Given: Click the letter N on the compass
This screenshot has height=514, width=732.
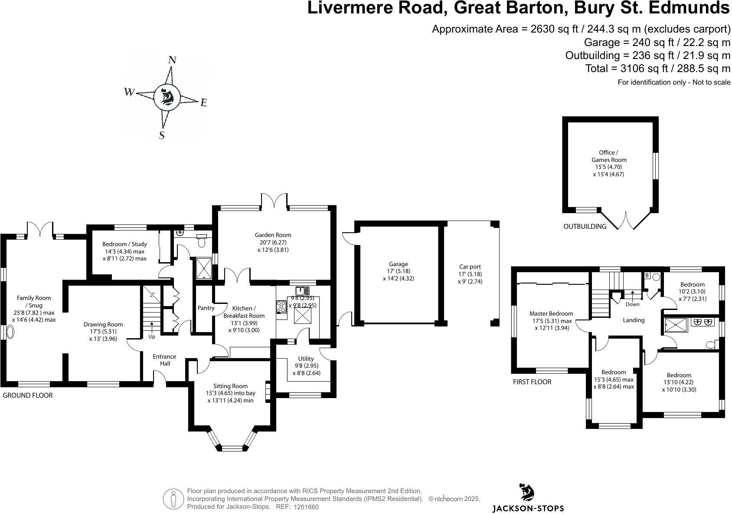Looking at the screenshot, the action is pos(172,60).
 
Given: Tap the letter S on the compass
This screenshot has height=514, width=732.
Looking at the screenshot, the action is pos(162,135).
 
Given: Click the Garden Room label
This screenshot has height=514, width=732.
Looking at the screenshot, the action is pos(273,235).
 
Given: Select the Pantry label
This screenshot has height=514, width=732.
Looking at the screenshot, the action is pos(206,308).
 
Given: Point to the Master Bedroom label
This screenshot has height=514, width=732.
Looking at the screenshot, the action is pos(551,313).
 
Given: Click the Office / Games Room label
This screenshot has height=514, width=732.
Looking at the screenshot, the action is pos(609,156).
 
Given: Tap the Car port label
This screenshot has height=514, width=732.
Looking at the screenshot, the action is pos(470,267).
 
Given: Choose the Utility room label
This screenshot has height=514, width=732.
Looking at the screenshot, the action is pos(306,359).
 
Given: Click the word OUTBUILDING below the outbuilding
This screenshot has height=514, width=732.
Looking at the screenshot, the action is pos(585,226).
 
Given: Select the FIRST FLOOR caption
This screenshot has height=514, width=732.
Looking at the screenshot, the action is pos(532,382).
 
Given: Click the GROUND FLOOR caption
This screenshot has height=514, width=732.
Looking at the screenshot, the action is pos(28,395).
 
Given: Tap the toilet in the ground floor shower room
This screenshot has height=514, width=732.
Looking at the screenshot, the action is pos(202,241).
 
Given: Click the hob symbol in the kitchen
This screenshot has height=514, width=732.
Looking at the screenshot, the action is pos(281,307).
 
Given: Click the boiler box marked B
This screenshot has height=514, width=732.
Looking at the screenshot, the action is pos(647,275).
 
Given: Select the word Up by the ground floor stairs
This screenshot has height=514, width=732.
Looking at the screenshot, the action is pos(152,336).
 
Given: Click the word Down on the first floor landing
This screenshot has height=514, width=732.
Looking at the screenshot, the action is pos(632,304).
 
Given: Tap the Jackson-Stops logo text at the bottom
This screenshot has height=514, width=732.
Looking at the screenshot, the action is pos(528,508).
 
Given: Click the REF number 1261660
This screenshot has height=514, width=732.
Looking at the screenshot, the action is pos(306,507).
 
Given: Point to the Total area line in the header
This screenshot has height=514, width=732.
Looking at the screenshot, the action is pos(657,69).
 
